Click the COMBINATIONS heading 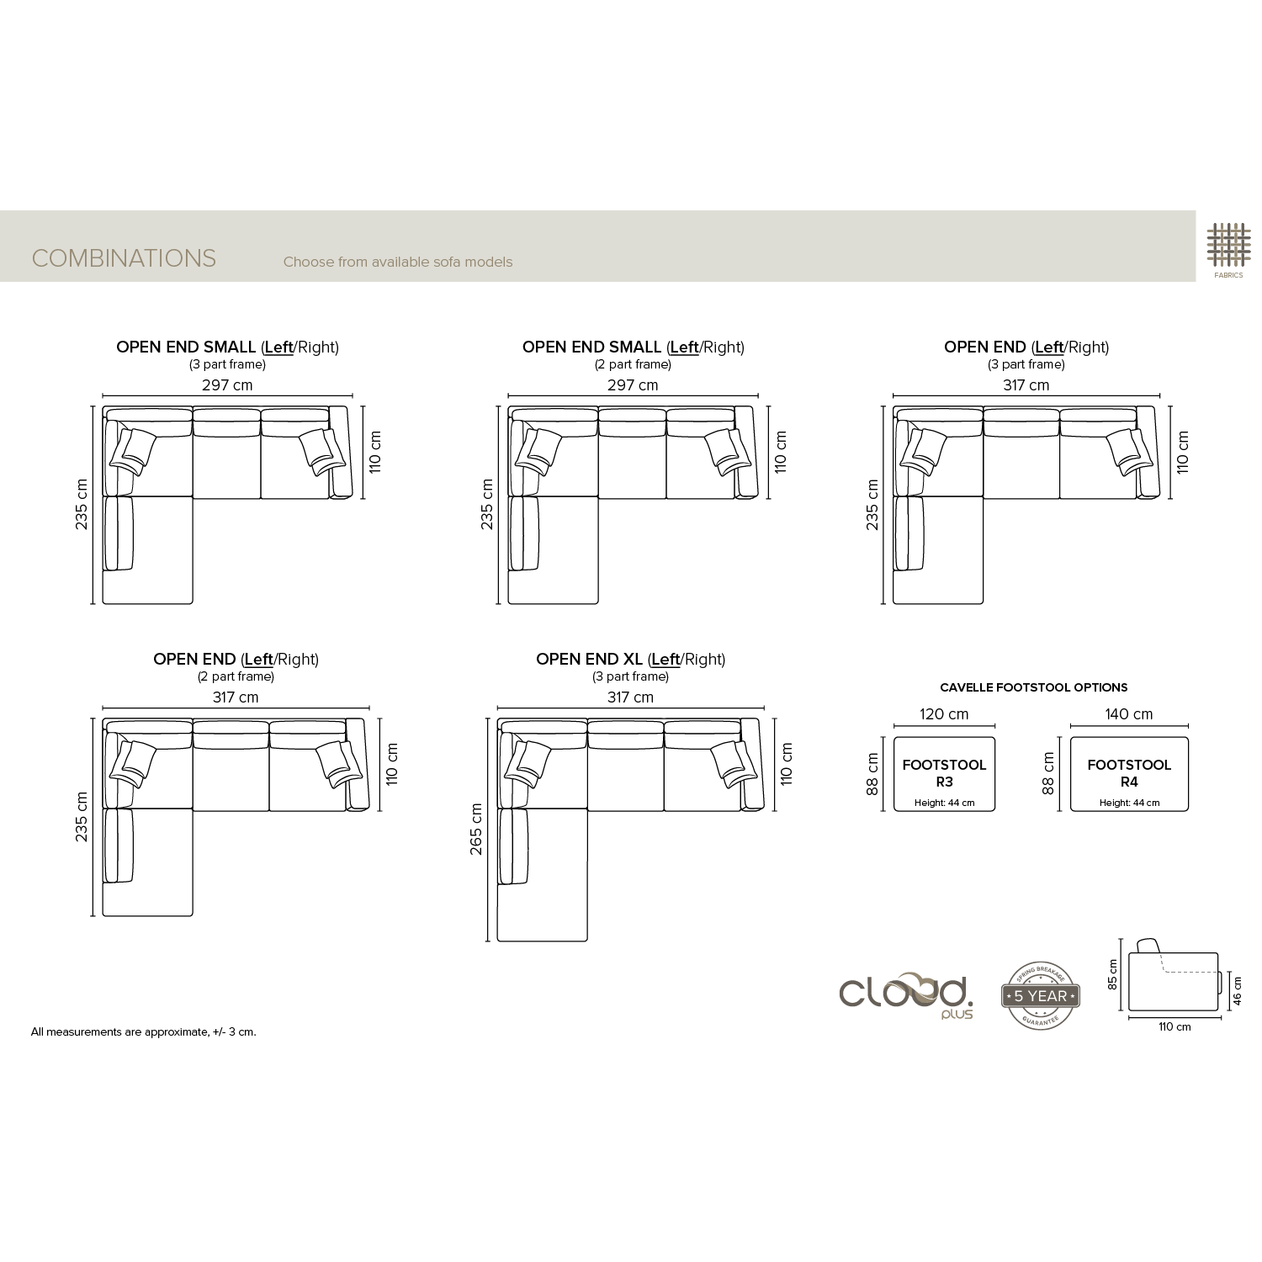pos(124,258)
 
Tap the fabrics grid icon pos(1228,245)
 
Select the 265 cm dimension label pos(476,830)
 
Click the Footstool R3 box pos(944,774)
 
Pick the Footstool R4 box pos(1129,774)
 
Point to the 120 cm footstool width pos(944,714)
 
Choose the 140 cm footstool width pos(1129,714)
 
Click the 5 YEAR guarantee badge pos(1041,996)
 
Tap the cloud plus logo pos(906,995)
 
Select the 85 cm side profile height pos(1113,974)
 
